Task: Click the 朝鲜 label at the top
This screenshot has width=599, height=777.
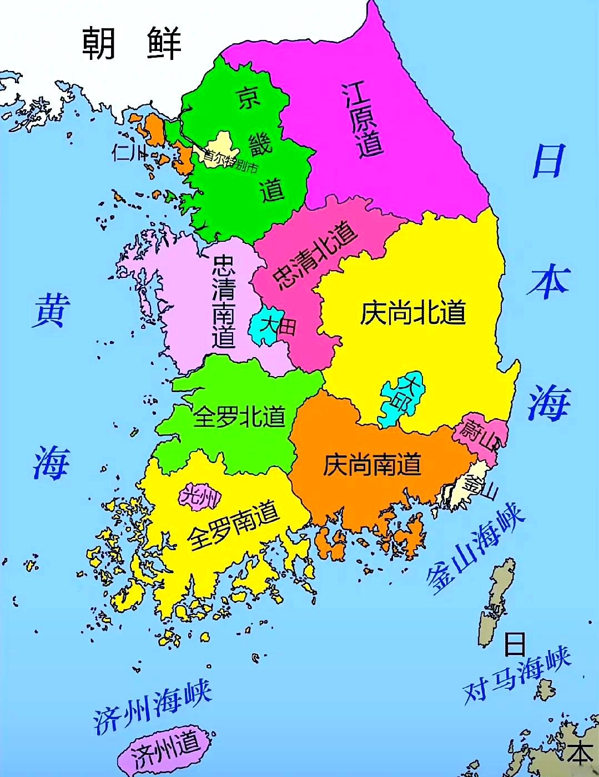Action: [132, 43]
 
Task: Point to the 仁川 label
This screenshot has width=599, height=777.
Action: [129, 151]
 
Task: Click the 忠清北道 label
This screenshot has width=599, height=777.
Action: [315, 255]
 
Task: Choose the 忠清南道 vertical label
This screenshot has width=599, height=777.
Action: [224, 302]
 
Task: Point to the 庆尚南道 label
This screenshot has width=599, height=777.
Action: [372, 465]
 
